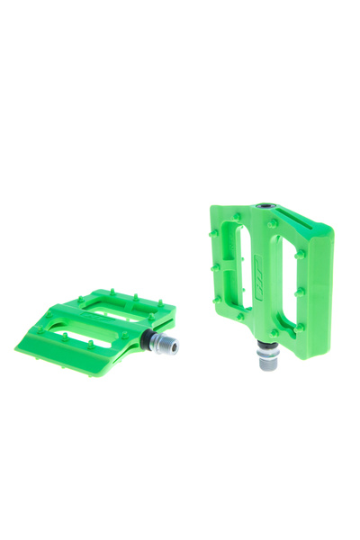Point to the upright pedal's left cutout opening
click(x=242, y=265)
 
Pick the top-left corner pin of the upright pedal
click(x=214, y=232)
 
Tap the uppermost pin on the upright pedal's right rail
click(x=300, y=254)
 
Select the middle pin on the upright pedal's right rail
click(x=300, y=290)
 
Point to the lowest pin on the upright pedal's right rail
click(x=299, y=326)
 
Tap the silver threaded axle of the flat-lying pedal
click(x=165, y=344)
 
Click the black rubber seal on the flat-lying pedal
click(x=147, y=339)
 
